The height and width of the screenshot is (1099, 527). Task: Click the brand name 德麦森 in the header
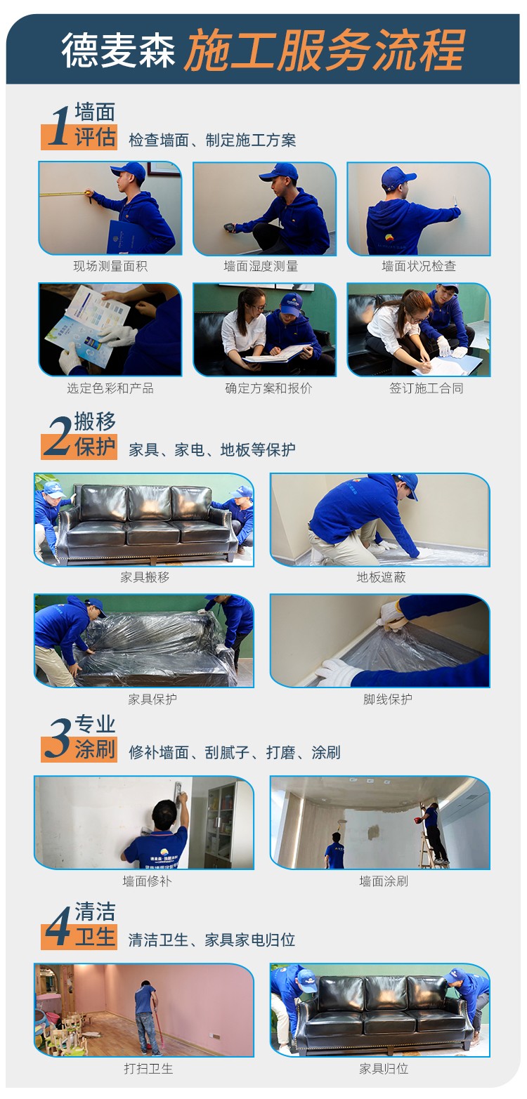pos(118,50)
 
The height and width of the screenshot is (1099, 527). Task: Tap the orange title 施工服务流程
pos(325,50)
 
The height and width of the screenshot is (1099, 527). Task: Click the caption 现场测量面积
pos(110,266)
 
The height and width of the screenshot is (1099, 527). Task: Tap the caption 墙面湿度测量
pos(261,266)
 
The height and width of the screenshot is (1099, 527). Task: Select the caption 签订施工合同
pos(427,388)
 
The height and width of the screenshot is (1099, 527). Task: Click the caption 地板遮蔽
pos(381,577)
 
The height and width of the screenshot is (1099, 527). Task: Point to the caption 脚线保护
pos(387,699)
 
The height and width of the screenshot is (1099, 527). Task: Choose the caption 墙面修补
pos(147,881)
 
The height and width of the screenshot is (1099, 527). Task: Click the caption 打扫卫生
pos(148,1069)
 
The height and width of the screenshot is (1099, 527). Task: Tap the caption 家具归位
pos(384,1069)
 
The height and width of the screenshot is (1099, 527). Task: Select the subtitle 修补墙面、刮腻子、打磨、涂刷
pos(234,752)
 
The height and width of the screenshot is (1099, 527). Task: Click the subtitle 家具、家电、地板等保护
pos(212,449)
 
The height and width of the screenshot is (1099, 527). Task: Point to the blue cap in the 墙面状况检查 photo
pos(397,177)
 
